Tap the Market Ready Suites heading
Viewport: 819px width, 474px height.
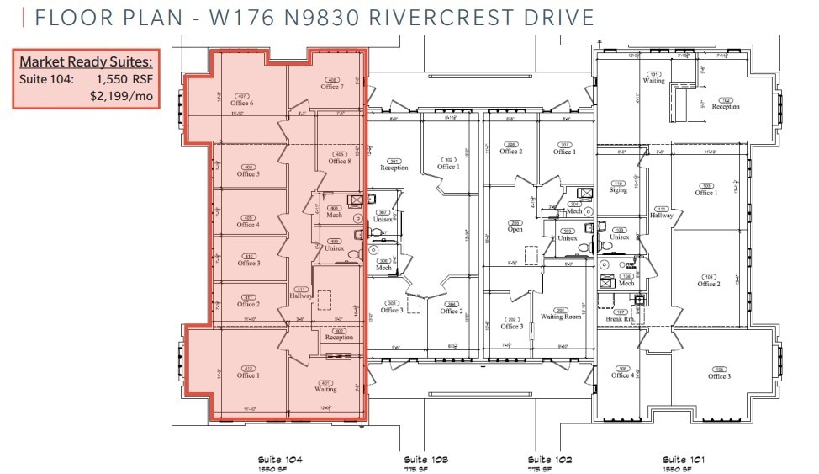(x=86, y=62)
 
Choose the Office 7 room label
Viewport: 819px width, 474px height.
(x=330, y=87)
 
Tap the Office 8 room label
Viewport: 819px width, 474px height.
(x=340, y=161)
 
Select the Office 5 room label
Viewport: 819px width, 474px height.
(x=247, y=174)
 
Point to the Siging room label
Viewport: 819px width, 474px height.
(x=618, y=190)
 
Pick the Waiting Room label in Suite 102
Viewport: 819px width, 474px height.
(x=561, y=317)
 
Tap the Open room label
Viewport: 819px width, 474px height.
(x=515, y=229)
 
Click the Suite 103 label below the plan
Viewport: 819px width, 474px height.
(x=425, y=460)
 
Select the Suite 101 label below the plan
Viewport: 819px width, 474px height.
(x=684, y=460)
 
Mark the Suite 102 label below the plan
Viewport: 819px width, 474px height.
(x=550, y=460)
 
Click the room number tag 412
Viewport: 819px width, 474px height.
(x=247, y=368)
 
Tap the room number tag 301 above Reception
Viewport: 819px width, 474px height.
(x=394, y=161)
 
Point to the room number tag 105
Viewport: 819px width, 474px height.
(x=718, y=369)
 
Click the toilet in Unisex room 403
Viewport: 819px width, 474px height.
(x=354, y=251)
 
